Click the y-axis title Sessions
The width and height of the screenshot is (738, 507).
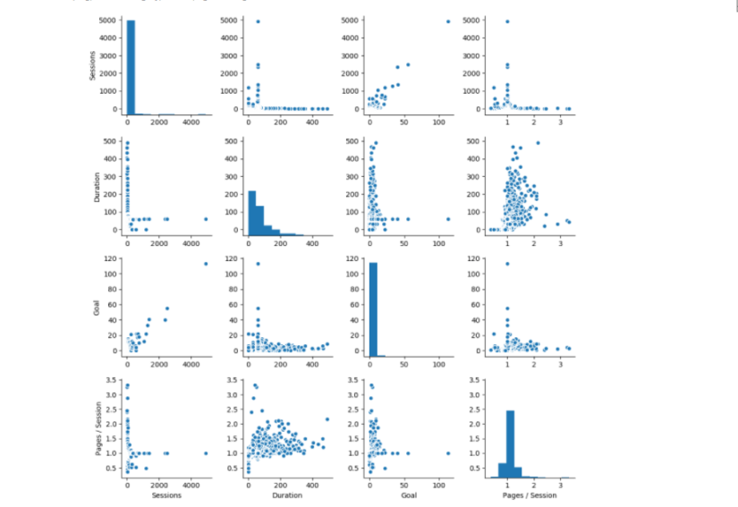93,65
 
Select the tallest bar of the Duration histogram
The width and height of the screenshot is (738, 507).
253,211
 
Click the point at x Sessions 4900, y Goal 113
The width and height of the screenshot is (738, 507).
206,264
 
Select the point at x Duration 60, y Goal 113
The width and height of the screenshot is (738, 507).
258,264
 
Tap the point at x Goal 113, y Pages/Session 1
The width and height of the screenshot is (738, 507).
448,452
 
